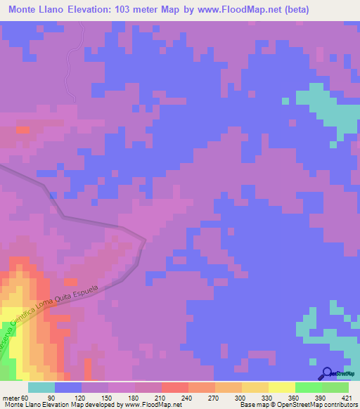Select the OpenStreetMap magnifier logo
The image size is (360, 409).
coord(327,373)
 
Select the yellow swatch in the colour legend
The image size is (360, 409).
coord(281,387)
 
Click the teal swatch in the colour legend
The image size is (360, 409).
coord(41,387)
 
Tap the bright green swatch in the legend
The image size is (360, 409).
coord(308,387)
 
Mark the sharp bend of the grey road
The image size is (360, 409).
coord(145,241)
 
